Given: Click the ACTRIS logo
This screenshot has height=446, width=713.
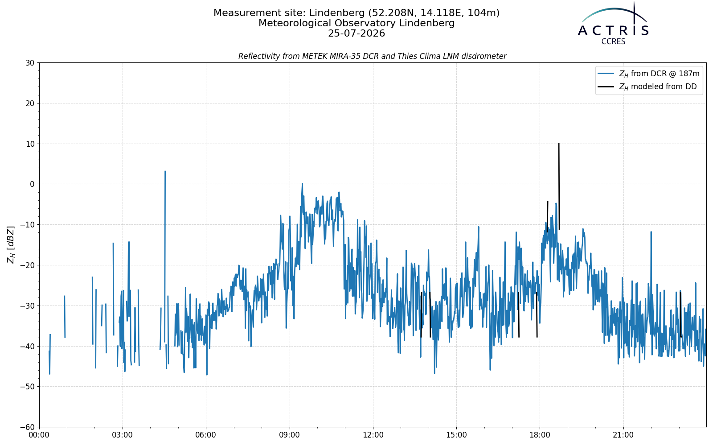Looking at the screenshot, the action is click(x=613, y=23).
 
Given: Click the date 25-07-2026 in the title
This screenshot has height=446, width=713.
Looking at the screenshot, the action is click(x=356, y=33).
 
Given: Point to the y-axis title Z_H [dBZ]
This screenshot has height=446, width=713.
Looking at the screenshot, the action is click(x=11, y=245).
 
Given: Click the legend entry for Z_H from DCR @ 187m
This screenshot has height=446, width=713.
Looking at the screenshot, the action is click(x=649, y=74).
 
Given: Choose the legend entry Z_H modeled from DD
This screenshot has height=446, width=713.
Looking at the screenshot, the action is click(x=647, y=87).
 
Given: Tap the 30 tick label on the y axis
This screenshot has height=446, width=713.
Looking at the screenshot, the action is click(x=30, y=63).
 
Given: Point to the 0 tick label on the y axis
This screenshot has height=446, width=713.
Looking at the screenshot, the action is click(x=32, y=184).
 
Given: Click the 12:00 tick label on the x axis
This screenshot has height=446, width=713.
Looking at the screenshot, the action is click(x=373, y=435).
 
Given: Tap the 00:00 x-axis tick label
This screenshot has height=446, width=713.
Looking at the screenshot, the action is click(x=39, y=435).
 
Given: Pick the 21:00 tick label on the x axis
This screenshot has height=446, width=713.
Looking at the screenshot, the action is click(x=623, y=435).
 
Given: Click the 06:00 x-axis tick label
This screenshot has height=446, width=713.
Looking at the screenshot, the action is click(x=206, y=435).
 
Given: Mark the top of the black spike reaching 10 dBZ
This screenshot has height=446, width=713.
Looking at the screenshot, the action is click(x=559, y=144).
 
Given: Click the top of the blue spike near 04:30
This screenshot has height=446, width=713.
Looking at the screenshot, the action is click(x=165, y=171).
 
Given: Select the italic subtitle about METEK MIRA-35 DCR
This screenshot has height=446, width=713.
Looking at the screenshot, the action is click(x=373, y=56).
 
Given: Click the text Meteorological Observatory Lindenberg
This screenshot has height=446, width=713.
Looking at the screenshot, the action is click(x=356, y=23).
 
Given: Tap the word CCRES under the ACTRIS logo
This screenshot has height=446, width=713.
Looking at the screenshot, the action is click(x=613, y=42).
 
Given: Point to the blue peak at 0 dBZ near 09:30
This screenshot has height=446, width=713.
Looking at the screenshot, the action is click(x=302, y=184).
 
